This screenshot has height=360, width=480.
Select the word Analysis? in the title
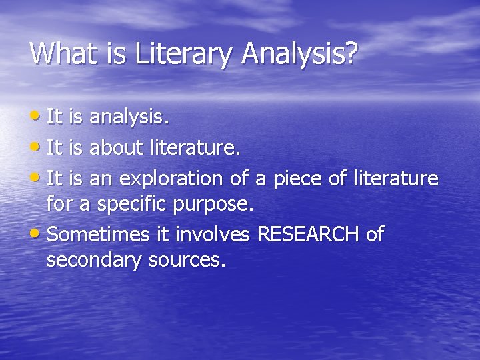[299, 54]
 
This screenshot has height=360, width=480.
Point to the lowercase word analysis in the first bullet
[128, 118]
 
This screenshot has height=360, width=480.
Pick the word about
[117, 148]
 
